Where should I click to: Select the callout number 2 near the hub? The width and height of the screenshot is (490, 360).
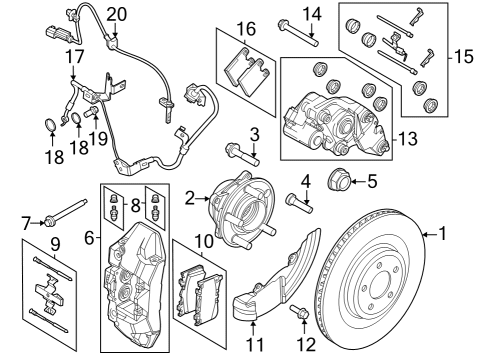pyautogui.click(x=188, y=200)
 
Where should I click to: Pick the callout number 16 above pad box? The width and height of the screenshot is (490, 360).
pyautogui.click(x=245, y=27)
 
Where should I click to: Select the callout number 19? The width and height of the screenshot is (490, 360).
pyautogui.click(x=99, y=139)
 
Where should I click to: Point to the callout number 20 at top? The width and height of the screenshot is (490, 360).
pyautogui.click(x=118, y=14)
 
